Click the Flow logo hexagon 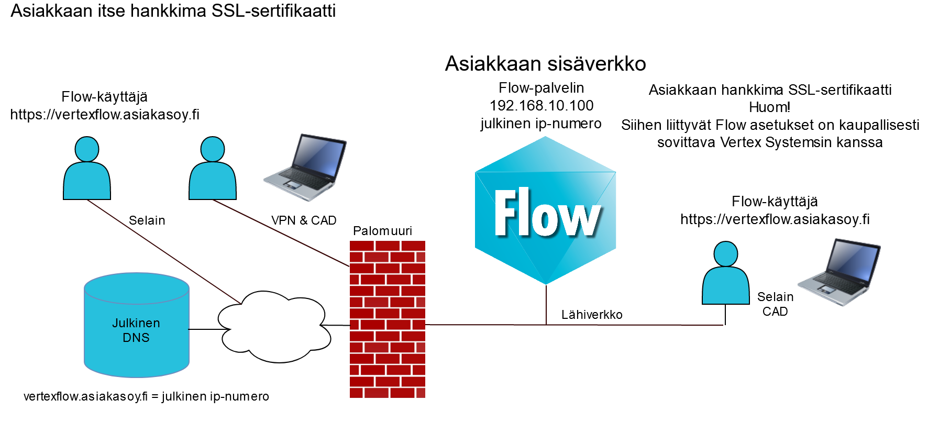point(545,211)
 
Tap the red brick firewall point(387,319)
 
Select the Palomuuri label point(382,231)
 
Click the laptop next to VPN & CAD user point(305,167)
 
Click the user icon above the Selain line point(87,169)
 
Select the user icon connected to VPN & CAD point(213,169)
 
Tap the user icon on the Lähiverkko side point(725,273)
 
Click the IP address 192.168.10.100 point(542,106)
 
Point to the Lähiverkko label point(592,315)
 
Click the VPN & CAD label point(304,220)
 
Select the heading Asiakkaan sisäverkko point(545,64)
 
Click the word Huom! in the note point(769,107)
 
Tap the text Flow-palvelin point(541,88)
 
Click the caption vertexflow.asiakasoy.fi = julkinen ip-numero point(146,396)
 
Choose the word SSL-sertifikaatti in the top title point(273,11)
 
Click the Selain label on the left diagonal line point(147,220)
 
